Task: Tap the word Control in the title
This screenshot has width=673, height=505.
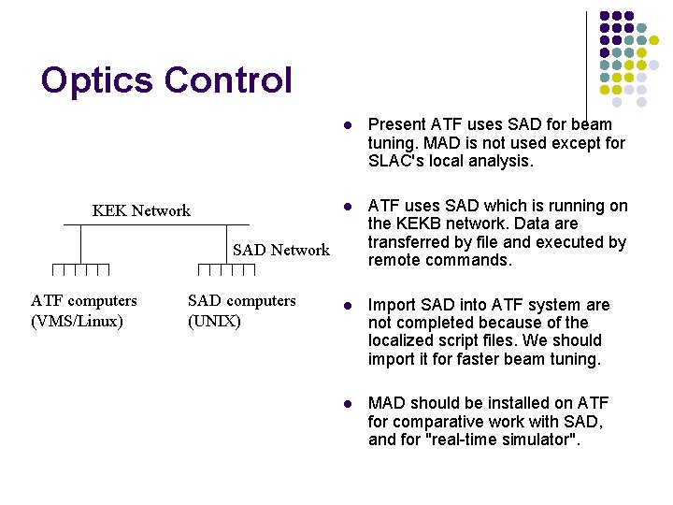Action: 228,80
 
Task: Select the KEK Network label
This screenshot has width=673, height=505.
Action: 141,210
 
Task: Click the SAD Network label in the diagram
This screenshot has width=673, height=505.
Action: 280,250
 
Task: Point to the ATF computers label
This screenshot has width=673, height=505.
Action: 83,300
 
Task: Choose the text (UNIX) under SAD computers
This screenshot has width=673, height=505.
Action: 214,321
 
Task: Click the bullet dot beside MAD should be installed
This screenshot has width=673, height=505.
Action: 346,404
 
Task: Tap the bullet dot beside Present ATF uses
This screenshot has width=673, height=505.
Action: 346,125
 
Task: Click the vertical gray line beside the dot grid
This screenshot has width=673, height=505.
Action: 587,56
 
